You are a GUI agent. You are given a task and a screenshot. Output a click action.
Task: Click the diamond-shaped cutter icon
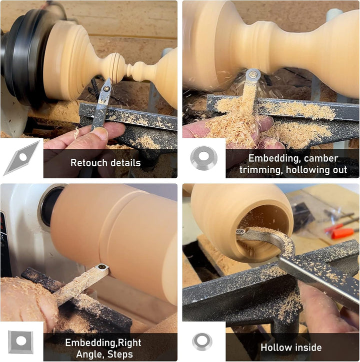(x=22, y=158)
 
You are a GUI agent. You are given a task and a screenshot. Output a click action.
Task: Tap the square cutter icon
(x=20, y=342)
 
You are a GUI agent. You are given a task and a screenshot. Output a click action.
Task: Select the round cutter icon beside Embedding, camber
(x=203, y=158)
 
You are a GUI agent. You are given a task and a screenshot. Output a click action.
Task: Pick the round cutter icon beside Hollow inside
(x=202, y=342)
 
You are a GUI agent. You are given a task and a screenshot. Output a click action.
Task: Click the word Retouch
(x=86, y=163)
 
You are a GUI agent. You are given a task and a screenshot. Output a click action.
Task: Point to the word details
(x=122, y=163)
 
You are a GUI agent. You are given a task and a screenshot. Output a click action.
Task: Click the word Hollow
(x=274, y=348)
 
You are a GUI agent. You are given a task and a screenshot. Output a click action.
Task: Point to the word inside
(x=306, y=348)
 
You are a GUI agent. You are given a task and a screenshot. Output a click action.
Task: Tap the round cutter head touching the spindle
(x=253, y=75)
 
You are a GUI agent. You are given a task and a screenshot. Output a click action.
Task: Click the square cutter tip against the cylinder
(x=101, y=267)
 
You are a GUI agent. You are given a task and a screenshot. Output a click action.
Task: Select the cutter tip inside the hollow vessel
(x=241, y=232)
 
